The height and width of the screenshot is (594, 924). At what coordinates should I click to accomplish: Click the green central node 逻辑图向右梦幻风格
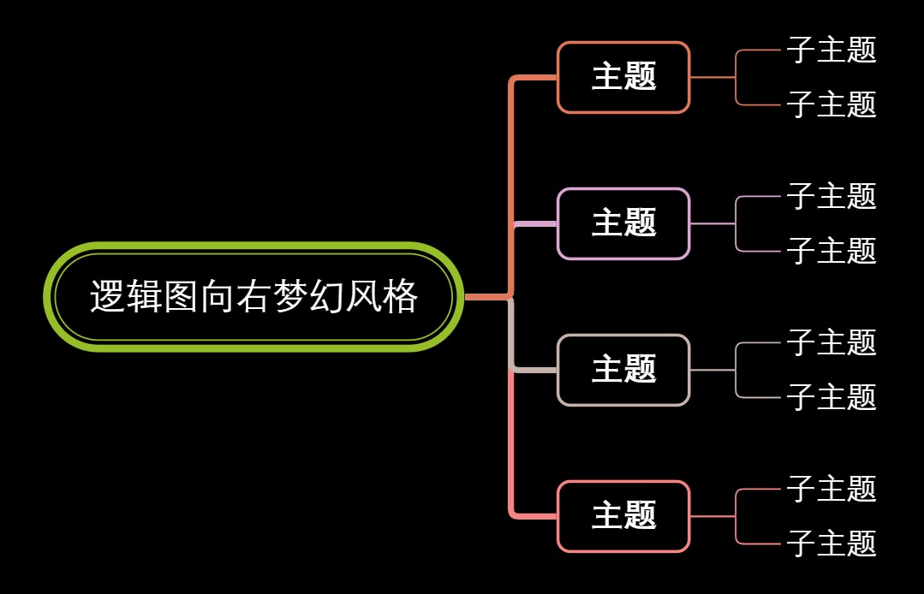(253, 297)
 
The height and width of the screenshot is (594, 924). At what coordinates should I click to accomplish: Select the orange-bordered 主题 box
(623, 77)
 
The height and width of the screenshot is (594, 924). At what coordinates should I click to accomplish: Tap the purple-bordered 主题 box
(623, 223)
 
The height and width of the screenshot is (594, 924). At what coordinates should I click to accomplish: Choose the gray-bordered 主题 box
(623, 370)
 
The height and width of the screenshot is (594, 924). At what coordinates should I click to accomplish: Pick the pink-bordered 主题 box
(623, 516)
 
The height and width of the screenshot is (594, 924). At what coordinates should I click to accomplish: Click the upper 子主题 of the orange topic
(832, 50)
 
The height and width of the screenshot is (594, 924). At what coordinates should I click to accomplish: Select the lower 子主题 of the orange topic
(832, 104)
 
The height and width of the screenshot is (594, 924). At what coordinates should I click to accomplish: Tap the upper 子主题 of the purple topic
(832, 196)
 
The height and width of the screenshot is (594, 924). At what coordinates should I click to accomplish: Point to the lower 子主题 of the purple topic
(832, 251)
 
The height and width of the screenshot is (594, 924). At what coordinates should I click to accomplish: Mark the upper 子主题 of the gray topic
(832, 342)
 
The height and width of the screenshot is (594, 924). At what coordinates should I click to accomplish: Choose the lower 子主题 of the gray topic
(832, 397)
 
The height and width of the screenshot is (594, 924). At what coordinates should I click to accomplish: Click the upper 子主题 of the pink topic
(832, 489)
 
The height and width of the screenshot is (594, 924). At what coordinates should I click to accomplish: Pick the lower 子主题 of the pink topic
(832, 544)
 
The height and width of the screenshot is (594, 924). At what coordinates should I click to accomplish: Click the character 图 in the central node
(181, 297)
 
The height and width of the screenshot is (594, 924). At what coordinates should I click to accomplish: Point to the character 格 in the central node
(400, 297)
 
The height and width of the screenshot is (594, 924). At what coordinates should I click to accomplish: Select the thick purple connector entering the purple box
(536, 223)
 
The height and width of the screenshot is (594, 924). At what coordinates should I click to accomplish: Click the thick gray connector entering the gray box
(536, 370)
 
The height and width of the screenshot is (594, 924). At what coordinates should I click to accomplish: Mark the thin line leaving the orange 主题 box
(712, 77)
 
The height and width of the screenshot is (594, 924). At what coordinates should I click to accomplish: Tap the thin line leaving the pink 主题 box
(712, 516)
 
